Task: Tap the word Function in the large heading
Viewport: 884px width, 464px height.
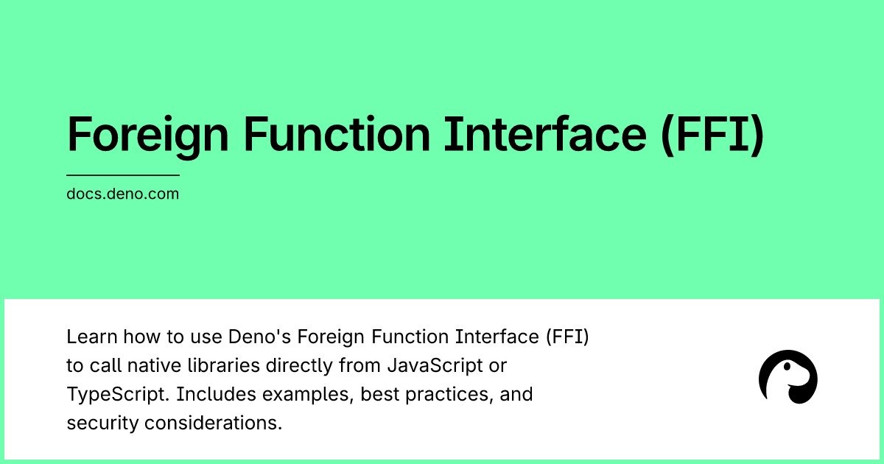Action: point(337,134)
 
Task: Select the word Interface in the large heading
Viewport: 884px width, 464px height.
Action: point(545,134)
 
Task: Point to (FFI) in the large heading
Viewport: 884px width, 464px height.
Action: point(713,136)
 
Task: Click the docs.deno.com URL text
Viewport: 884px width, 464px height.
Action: point(123,194)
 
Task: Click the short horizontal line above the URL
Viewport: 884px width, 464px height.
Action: point(123,175)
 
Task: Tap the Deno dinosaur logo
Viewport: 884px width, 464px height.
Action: point(788,377)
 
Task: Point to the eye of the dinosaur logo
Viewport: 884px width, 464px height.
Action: point(787,367)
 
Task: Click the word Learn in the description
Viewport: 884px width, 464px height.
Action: point(92,337)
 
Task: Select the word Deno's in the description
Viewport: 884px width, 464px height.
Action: point(259,337)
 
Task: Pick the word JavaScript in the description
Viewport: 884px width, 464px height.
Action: point(435,366)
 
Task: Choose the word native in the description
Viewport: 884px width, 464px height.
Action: point(154,366)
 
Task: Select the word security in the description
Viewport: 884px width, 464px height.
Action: point(102,423)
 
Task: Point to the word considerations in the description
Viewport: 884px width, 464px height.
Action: point(213,423)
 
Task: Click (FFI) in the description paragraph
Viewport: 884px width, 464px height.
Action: point(567,337)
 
